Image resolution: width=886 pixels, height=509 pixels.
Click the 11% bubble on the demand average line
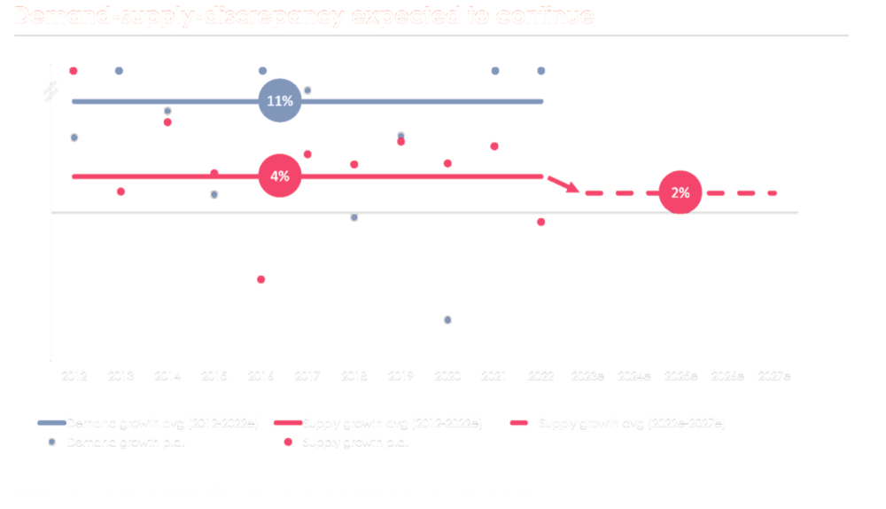tap(280, 101)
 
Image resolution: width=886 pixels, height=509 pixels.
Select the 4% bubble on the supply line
tap(280, 176)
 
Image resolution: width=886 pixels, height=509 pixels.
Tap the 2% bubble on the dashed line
tap(680, 192)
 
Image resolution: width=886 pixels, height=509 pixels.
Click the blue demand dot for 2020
tap(447, 319)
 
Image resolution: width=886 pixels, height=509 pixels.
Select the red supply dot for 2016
tap(260, 279)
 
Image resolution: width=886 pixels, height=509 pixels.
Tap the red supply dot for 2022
tap(540, 222)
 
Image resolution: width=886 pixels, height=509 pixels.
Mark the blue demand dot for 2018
tap(354, 217)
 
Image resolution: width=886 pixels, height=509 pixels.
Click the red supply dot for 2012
tap(74, 71)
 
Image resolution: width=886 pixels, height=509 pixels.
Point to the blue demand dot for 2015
tap(214, 194)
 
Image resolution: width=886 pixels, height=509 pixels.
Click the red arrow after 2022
tap(562, 184)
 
